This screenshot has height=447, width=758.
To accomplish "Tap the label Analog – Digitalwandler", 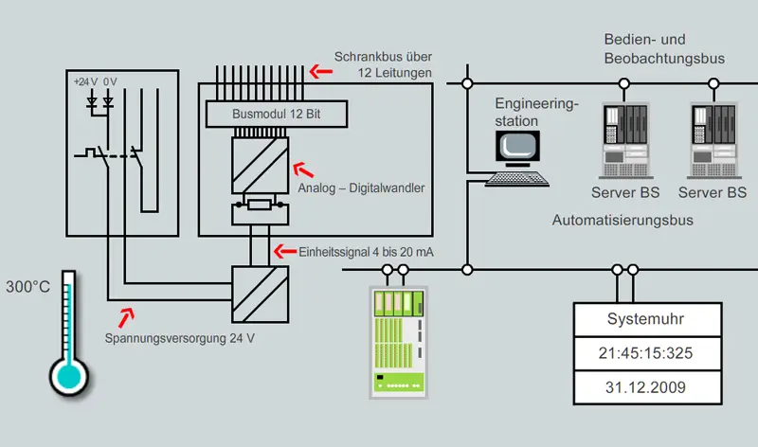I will pyautogui.click(x=361, y=188).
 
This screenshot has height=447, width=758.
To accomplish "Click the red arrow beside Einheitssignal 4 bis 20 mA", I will pyautogui.click(x=283, y=250).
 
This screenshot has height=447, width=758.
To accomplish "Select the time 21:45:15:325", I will pyautogui.click(x=645, y=353).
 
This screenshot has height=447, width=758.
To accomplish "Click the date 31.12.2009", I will pyautogui.click(x=645, y=387).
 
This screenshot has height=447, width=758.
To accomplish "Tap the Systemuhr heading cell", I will pyautogui.click(x=645, y=319).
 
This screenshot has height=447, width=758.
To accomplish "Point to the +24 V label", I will pyautogui.click(x=86, y=80).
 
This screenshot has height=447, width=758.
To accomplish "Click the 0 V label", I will pyautogui.click(x=111, y=80).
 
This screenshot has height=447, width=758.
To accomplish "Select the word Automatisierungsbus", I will pyautogui.click(x=623, y=220).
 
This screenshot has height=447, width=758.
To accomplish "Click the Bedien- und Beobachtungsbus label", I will pyautogui.click(x=664, y=49).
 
